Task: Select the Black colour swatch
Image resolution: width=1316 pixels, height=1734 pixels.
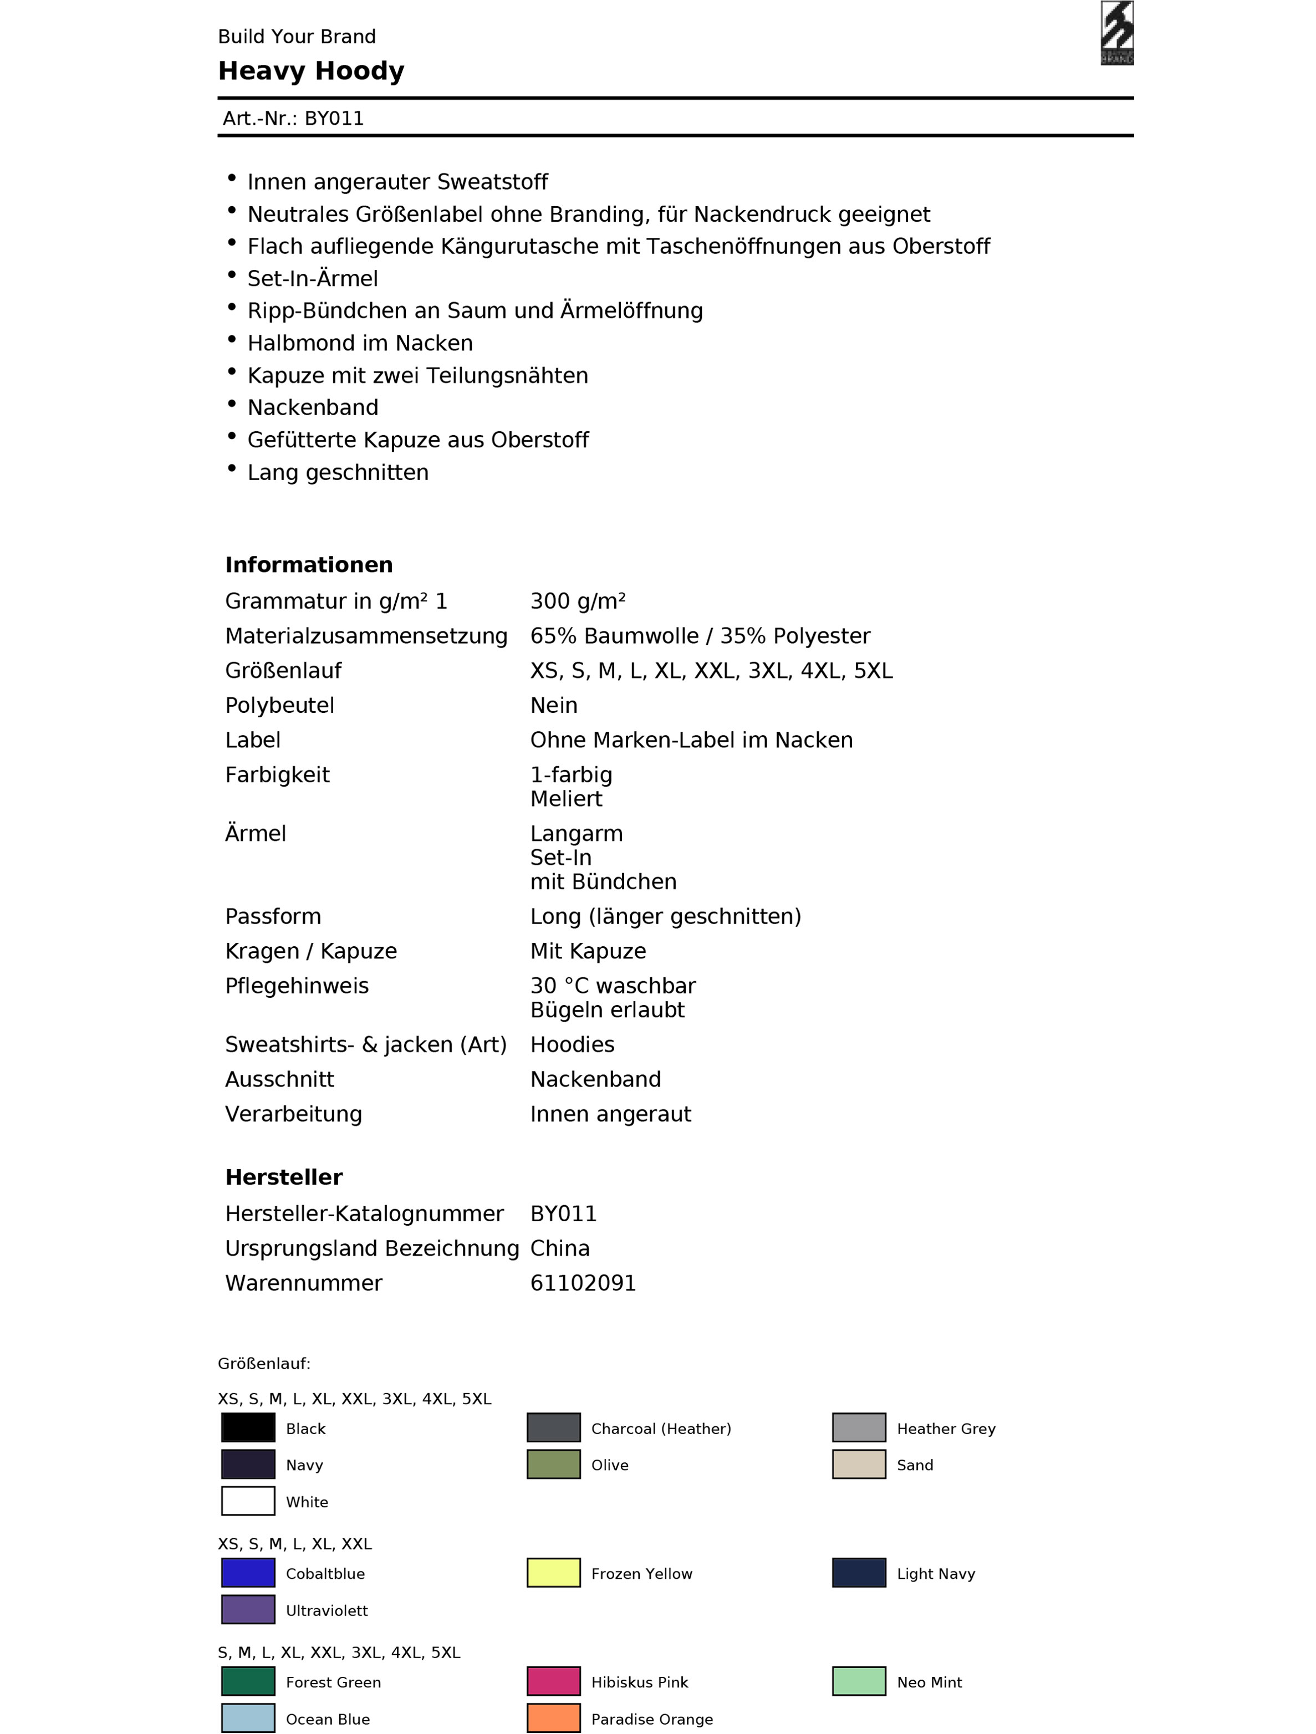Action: point(248,1427)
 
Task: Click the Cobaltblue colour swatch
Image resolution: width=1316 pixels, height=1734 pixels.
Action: point(248,1573)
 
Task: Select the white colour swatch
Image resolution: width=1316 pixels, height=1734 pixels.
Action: point(248,1501)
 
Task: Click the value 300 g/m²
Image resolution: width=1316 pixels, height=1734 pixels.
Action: point(578,601)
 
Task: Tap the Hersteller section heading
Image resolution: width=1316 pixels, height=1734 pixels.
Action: point(284,1177)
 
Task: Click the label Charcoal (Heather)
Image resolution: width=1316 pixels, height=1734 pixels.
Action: point(661,1428)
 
